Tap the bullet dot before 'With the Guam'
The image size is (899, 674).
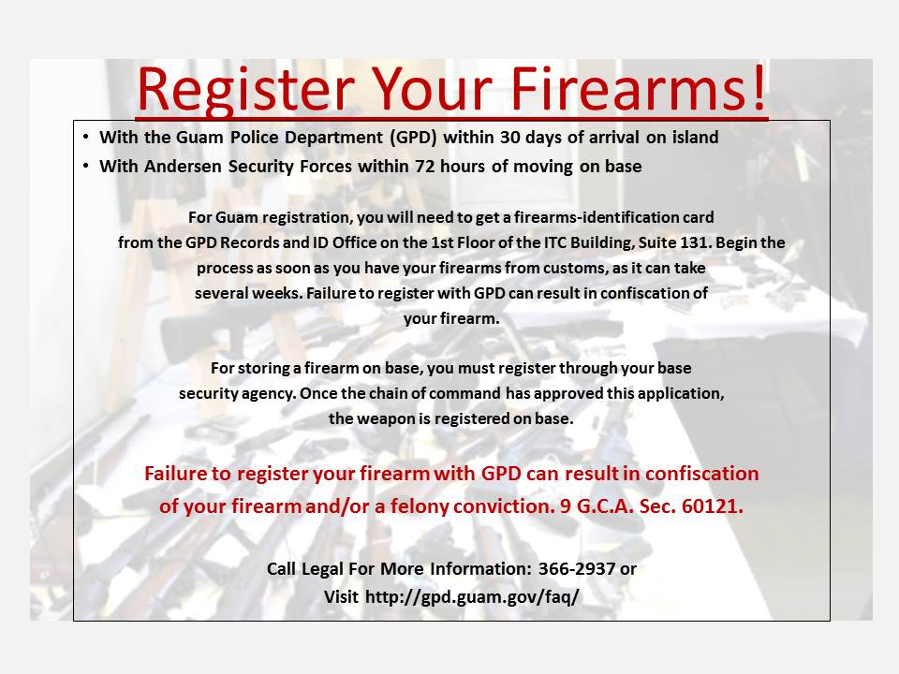[86, 137]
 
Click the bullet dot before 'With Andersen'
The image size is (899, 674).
[86, 166]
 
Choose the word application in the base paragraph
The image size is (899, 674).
[681, 394]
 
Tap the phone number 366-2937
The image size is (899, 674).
[577, 569]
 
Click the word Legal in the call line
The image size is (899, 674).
[328, 569]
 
